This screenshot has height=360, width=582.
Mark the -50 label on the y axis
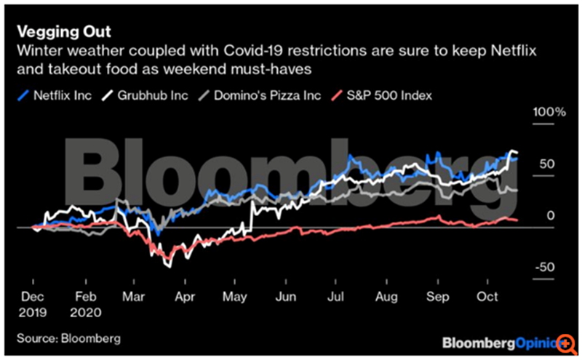tap(548, 268)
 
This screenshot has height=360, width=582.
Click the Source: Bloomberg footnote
tap(65, 338)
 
